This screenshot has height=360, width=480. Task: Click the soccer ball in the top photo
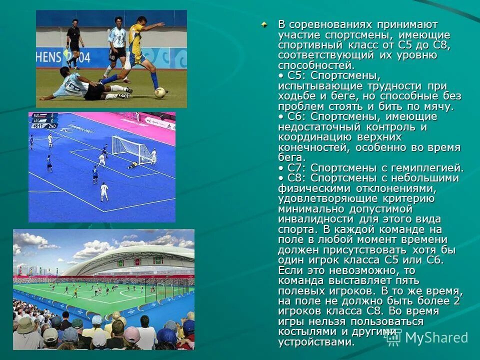click(160, 92)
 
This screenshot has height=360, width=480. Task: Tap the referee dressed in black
click(74, 42)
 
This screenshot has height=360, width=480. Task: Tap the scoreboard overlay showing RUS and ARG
click(44, 120)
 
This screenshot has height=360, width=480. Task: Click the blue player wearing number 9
click(95, 174)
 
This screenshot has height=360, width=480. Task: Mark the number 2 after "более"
click(456, 301)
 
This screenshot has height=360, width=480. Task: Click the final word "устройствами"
click(315, 342)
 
